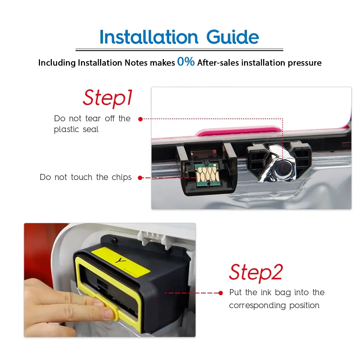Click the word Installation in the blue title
(x=149, y=37)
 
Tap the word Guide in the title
(x=233, y=37)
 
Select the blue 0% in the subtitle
(x=186, y=62)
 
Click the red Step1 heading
(x=108, y=98)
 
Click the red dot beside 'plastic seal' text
(x=140, y=119)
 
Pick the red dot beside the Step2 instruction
(x=221, y=293)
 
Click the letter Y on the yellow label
(x=121, y=261)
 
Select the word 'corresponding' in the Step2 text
(x=257, y=306)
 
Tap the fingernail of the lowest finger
(x=108, y=314)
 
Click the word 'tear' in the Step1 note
(x=93, y=118)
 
